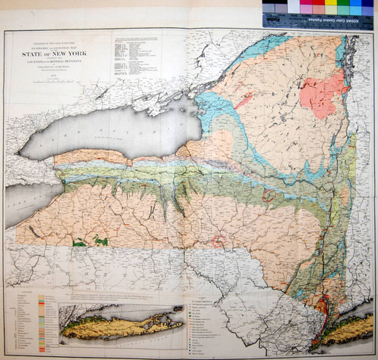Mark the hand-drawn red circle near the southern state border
click(x=218, y=242)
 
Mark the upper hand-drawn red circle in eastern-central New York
click(x=268, y=196)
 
